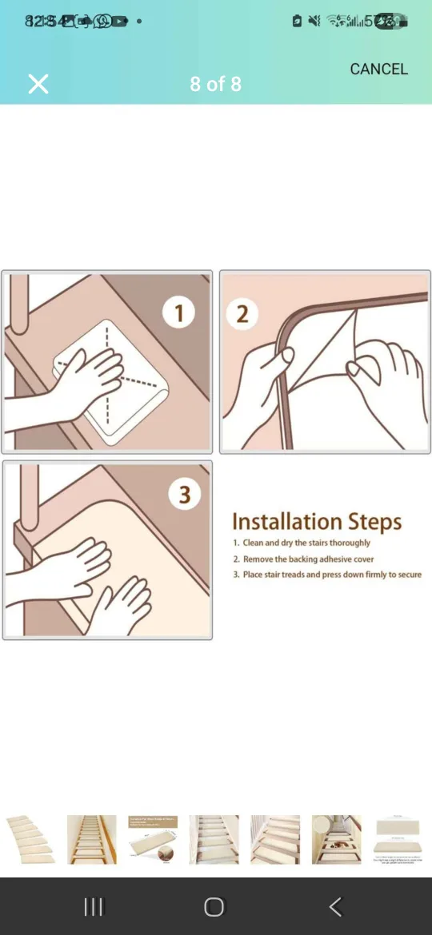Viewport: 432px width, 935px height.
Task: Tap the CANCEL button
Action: (x=378, y=70)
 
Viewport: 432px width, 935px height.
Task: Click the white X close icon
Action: (x=38, y=84)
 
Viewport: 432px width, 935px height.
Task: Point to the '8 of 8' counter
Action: (x=215, y=84)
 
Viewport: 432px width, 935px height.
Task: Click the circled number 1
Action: (x=178, y=312)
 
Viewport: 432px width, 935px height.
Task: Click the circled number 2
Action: (x=242, y=313)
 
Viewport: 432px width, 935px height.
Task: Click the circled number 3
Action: (x=184, y=495)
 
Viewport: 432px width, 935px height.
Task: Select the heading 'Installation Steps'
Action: (x=317, y=523)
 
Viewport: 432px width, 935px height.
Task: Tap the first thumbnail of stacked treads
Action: (x=30, y=839)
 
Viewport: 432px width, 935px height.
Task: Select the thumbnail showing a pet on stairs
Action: (x=336, y=839)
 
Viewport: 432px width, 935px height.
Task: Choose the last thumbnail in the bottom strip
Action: (x=398, y=839)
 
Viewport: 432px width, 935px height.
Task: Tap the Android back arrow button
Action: (x=335, y=906)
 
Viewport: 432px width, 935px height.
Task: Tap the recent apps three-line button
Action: (x=94, y=906)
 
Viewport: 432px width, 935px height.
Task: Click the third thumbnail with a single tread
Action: (x=153, y=839)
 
